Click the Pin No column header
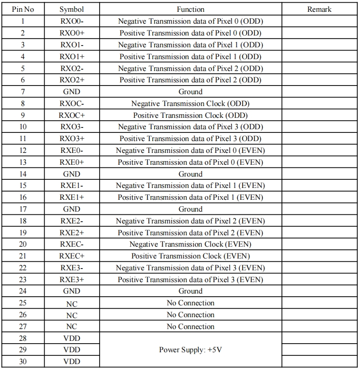(x=23, y=9)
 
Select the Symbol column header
(x=71, y=9)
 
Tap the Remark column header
(x=320, y=9)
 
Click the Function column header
(x=190, y=9)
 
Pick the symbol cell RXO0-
(x=71, y=21)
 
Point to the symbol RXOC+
(x=71, y=115)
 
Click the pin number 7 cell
(x=23, y=91)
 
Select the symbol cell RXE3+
(x=71, y=279)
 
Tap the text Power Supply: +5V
(x=190, y=350)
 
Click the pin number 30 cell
(x=23, y=362)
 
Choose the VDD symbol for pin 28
(x=71, y=338)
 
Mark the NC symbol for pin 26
(x=71, y=315)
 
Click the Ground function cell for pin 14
(x=190, y=174)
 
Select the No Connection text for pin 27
(x=190, y=326)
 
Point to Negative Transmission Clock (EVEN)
(x=190, y=244)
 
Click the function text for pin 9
(x=190, y=115)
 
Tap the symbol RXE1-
(x=71, y=186)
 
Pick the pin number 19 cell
(x=23, y=233)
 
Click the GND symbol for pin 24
(x=71, y=291)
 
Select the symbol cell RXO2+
(x=71, y=80)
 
